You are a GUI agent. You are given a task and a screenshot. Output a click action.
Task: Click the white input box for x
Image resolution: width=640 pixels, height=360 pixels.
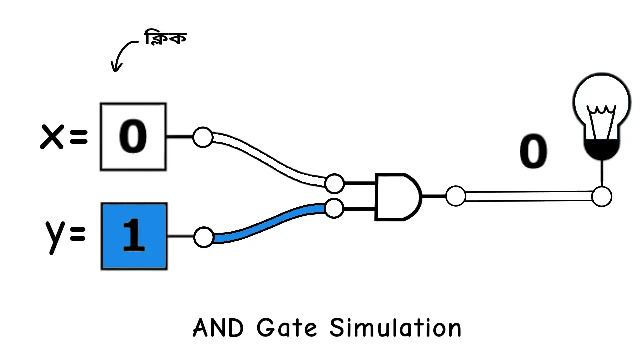tap(133, 137)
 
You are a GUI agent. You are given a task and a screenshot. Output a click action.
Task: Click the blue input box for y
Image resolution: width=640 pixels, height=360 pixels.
tap(134, 236)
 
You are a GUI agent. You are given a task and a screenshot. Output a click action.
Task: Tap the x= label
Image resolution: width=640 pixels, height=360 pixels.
tap(64, 137)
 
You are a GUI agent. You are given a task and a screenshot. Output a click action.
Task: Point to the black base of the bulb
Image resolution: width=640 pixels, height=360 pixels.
tap(602, 149)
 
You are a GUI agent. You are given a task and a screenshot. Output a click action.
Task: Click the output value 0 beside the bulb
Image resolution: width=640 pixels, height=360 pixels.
tap(533, 152)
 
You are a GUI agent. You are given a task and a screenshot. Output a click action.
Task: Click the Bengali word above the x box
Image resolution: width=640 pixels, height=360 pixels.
tap(165, 38)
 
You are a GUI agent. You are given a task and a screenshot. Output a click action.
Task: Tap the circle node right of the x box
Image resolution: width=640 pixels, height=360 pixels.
tap(203, 137)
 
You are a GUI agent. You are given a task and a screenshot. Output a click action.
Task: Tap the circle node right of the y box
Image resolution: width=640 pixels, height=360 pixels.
tap(203, 237)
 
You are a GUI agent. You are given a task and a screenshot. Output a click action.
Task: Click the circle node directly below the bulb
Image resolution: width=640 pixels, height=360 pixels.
tap(602, 197)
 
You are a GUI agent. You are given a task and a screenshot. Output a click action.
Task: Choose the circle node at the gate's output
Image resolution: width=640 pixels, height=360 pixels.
tap(455, 196)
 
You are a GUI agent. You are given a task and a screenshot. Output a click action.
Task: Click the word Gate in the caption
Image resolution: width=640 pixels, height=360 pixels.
tap(287, 328)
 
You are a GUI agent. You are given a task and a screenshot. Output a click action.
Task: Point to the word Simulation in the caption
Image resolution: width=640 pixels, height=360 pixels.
tap(395, 328)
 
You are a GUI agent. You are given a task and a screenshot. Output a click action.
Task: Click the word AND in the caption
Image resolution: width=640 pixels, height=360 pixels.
tap(218, 328)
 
